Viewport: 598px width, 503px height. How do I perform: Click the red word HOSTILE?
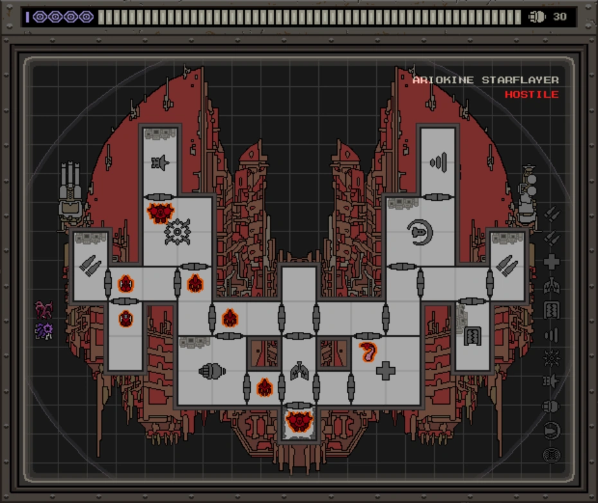pos(531,95)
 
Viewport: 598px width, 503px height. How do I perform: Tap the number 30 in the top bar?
pos(560,17)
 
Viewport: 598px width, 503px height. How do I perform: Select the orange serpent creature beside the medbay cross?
pos(368,352)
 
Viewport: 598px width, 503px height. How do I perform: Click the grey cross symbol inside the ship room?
pos(386,370)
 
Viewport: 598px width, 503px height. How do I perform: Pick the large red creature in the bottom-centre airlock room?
pos(299,421)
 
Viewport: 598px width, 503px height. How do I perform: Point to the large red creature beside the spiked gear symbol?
pos(160,212)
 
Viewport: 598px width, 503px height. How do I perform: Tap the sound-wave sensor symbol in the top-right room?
pos(438,161)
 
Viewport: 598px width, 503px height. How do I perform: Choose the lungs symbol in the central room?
pos(299,370)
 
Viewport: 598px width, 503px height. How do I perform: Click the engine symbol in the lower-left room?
pos(212,370)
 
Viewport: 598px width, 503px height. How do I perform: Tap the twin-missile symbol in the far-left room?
pos(90,266)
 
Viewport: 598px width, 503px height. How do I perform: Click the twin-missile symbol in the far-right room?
pos(507,266)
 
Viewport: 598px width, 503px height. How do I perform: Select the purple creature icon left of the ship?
pos(44,331)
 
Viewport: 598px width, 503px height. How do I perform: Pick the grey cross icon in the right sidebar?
pos(551,262)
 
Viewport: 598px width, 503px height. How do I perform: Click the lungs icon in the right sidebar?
pos(551,286)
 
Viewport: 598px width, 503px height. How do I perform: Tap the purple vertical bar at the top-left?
pos(28,17)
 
